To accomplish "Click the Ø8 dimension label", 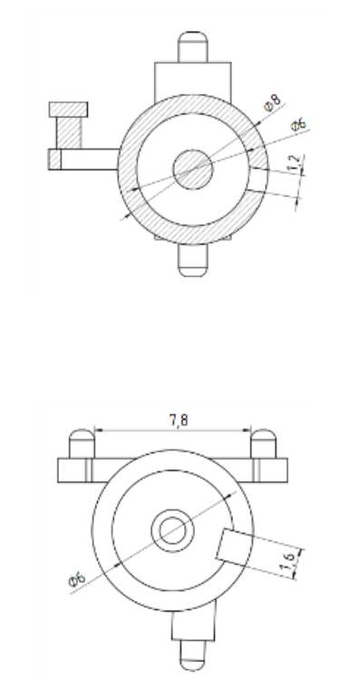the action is click(x=273, y=102).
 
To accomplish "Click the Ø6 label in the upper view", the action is click(x=299, y=124).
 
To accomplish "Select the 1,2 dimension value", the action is click(x=294, y=164).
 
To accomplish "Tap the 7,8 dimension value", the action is click(x=179, y=420).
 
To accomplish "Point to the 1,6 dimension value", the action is click(x=287, y=561).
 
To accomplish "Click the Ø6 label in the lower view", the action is click(x=77, y=579).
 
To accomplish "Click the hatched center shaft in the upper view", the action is click(x=192, y=169).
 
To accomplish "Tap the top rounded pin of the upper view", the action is click(x=192, y=46).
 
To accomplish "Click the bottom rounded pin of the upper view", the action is click(x=192, y=260).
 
